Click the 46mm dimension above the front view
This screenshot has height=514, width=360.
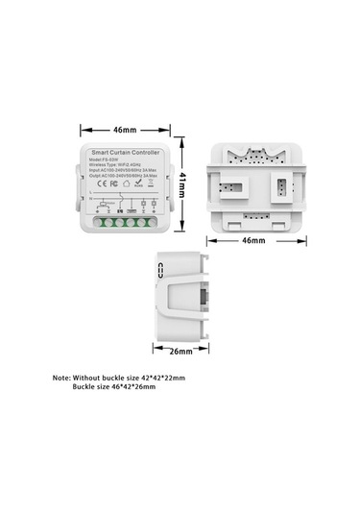[125, 127]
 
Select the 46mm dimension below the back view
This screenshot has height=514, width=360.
[252, 240]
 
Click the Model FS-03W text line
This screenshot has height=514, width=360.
[107, 161]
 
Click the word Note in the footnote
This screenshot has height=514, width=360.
[62, 378]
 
